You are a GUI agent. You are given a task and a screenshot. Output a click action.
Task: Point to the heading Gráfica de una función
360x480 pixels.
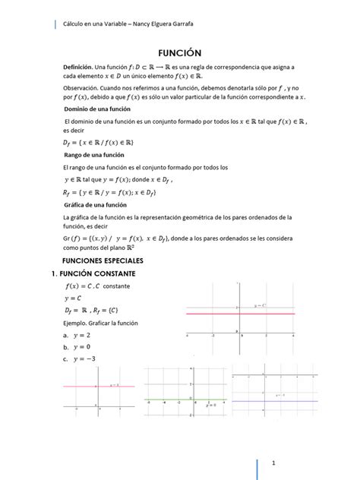94,205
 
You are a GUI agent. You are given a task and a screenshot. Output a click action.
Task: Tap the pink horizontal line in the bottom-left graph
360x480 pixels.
99,387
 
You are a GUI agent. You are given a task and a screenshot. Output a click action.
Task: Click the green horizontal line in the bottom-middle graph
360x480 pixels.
182,400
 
